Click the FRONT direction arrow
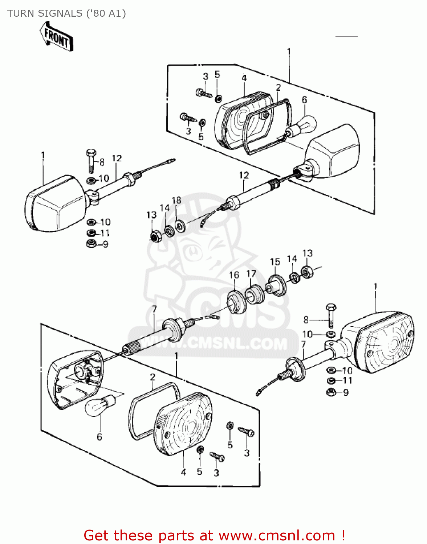click(56, 37)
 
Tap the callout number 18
click(176, 201)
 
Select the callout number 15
click(275, 262)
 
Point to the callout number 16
click(234, 275)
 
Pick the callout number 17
click(251, 273)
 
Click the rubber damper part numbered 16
click(236, 302)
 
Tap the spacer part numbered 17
click(255, 294)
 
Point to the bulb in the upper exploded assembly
click(301, 127)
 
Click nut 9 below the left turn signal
click(91, 244)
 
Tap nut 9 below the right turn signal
click(331, 392)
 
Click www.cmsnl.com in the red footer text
click(277, 535)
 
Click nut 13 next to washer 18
click(155, 236)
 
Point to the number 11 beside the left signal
click(105, 233)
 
